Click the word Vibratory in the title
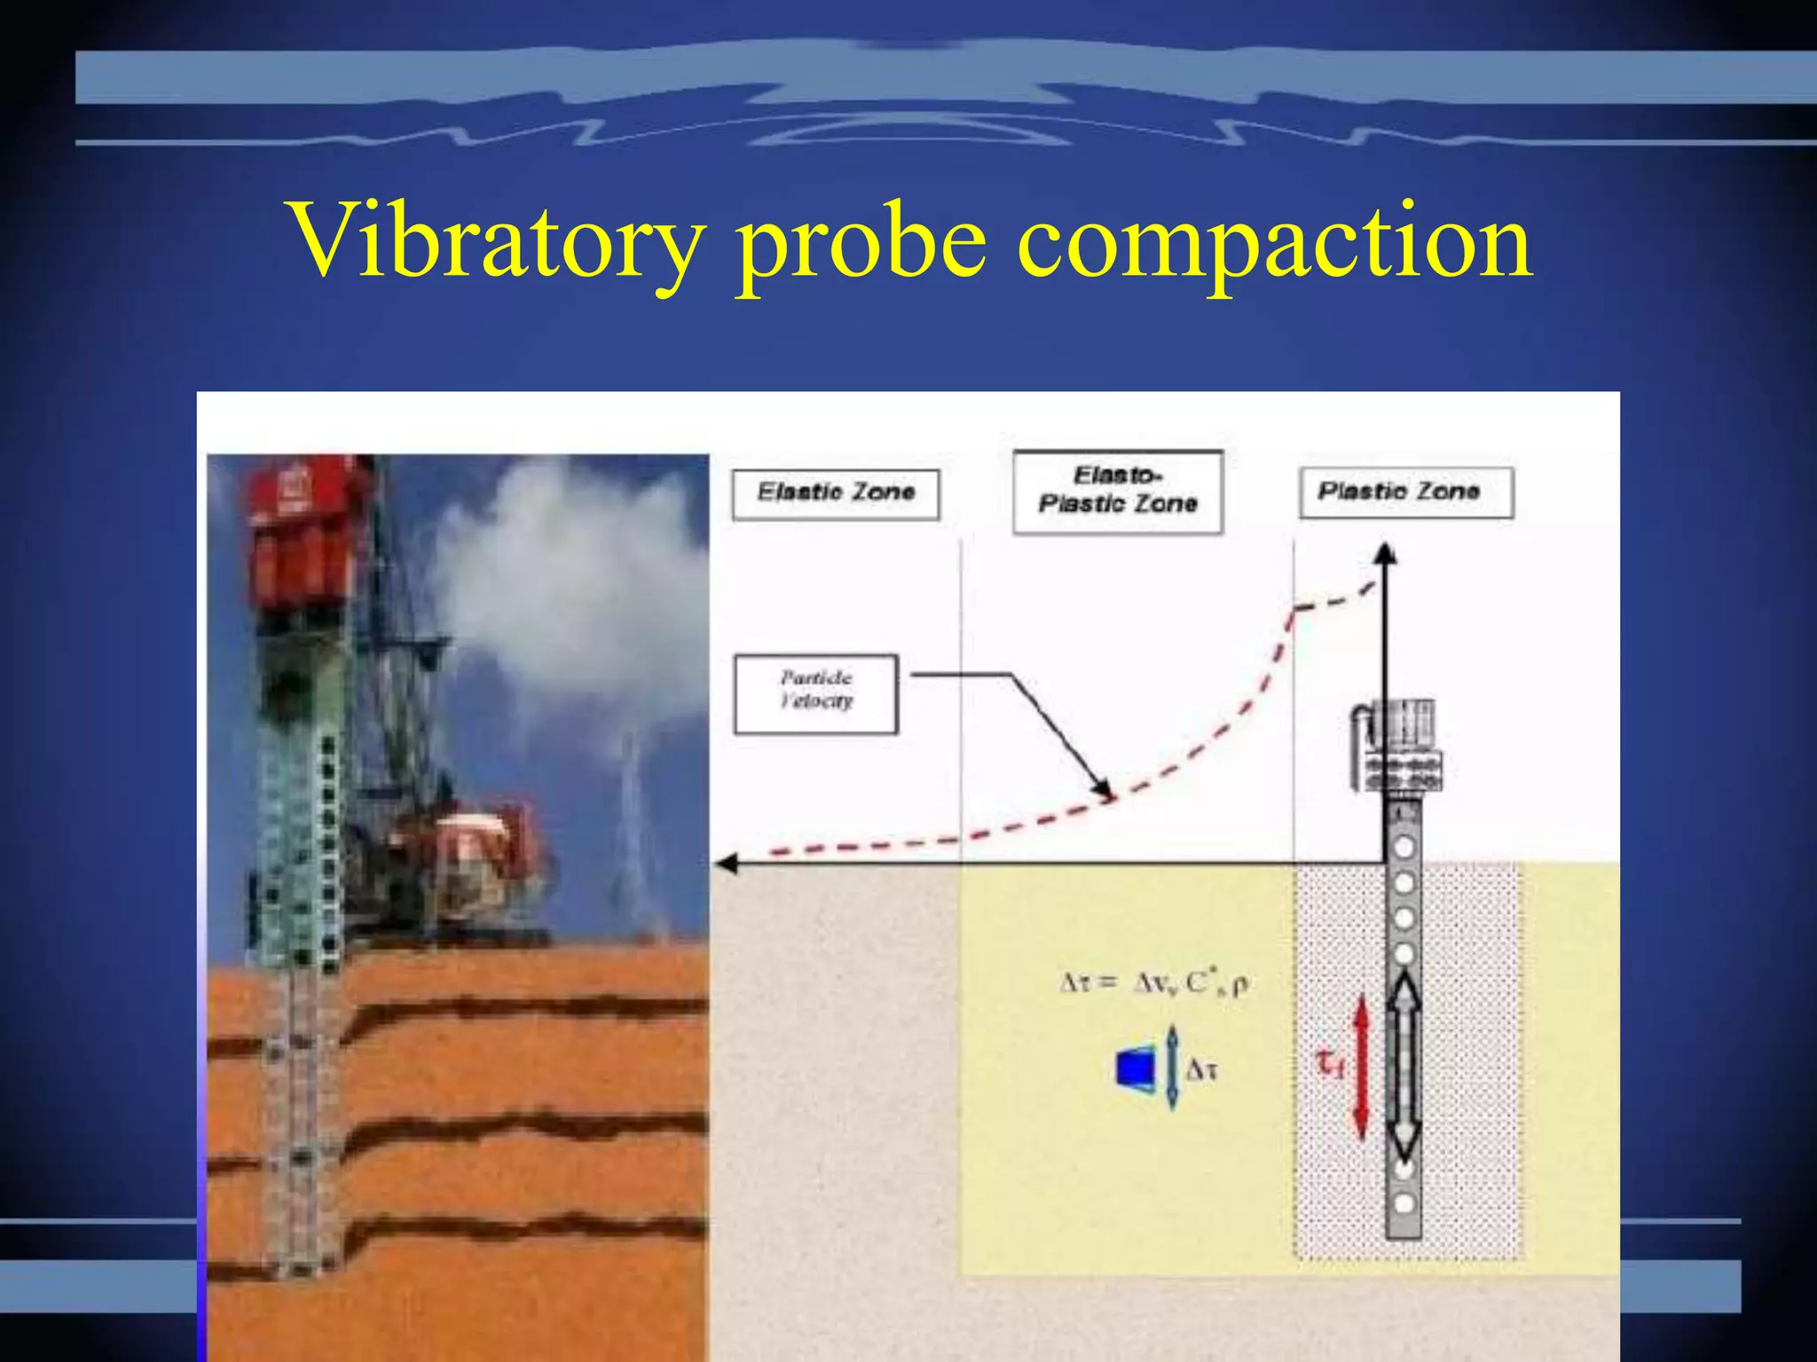coord(497,241)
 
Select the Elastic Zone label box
coord(835,493)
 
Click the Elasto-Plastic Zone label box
coord(1117,491)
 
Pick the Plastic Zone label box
coord(1405,492)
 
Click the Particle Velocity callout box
coord(815,693)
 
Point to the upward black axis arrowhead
coord(1386,553)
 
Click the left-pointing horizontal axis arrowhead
coord(727,863)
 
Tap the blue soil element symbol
coord(1137,1067)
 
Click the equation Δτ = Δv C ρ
coord(1154,982)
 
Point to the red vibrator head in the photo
coord(302,532)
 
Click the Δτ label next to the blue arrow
coord(1201,1070)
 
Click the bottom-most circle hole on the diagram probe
coord(1404,1203)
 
